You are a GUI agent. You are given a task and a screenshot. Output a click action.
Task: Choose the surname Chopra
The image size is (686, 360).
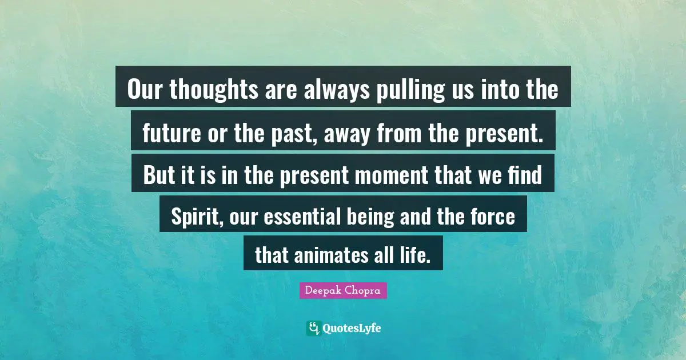365,291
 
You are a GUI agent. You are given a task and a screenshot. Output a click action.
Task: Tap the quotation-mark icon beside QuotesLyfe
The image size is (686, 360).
313,328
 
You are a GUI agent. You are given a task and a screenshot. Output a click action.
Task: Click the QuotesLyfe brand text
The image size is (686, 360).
352,328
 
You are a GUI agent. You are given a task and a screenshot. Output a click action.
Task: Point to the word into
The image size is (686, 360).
502,90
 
